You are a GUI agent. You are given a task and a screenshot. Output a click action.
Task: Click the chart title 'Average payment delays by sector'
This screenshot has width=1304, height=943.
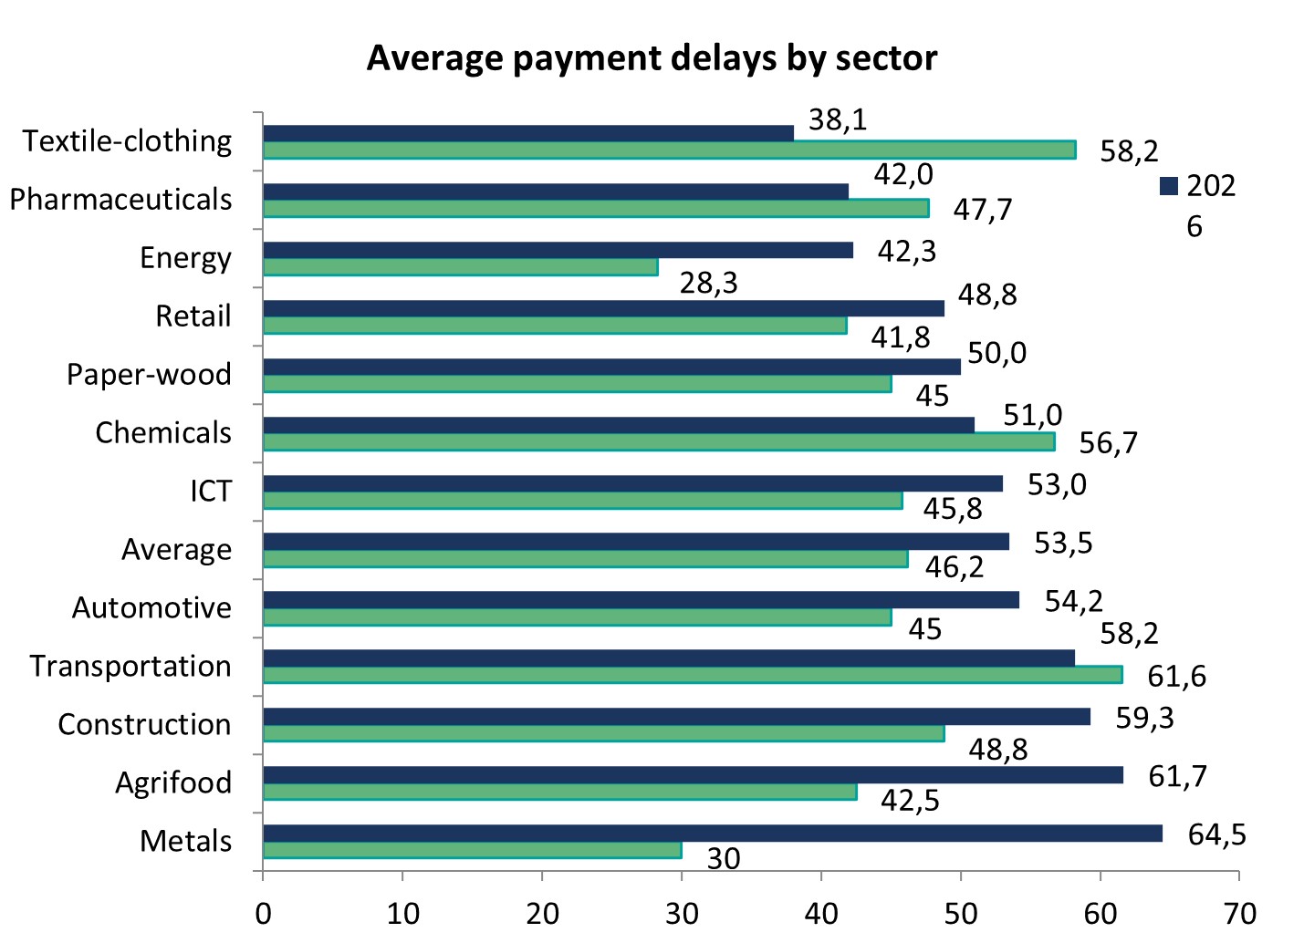point(652,58)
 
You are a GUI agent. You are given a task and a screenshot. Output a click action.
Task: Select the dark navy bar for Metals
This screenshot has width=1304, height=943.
point(712,834)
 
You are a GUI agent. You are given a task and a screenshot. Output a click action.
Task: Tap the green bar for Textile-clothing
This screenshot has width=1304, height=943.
point(669,150)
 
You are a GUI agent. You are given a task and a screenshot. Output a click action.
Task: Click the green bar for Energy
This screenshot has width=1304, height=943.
point(460,267)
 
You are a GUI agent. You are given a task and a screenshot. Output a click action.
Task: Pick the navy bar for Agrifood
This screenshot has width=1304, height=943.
point(693,775)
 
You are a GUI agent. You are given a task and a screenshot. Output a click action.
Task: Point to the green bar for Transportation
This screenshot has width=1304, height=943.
point(692,675)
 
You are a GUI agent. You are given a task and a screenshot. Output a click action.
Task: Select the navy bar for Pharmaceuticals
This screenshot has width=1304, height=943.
point(555,192)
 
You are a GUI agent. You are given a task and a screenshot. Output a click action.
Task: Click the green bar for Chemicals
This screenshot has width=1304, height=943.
point(659,442)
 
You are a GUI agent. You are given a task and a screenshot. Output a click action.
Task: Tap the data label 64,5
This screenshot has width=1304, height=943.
point(1216,834)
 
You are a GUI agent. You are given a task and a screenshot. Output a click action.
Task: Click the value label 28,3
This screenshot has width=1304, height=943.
point(709,284)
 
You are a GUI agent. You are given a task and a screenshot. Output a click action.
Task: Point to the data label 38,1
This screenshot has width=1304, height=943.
point(838,119)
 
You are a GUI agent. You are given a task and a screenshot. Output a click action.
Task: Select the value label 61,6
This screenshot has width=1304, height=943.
point(1176,677)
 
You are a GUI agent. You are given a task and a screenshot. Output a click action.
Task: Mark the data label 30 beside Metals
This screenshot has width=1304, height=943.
point(724,859)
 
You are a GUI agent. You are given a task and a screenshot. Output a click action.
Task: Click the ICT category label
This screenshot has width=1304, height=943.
point(211,492)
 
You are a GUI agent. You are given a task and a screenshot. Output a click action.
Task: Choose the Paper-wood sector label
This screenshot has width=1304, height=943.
point(149,375)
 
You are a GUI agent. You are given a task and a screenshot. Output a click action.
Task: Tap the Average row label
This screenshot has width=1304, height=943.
point(176,550)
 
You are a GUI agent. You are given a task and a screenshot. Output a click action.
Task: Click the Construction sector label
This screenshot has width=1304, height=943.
point(144,725)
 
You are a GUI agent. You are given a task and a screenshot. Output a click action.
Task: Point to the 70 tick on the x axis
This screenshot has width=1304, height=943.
point(1239,914)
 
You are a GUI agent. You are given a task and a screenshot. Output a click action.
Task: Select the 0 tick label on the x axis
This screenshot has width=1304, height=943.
point(263,914)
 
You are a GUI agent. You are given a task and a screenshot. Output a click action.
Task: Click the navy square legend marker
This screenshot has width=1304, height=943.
point(1169,186)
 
